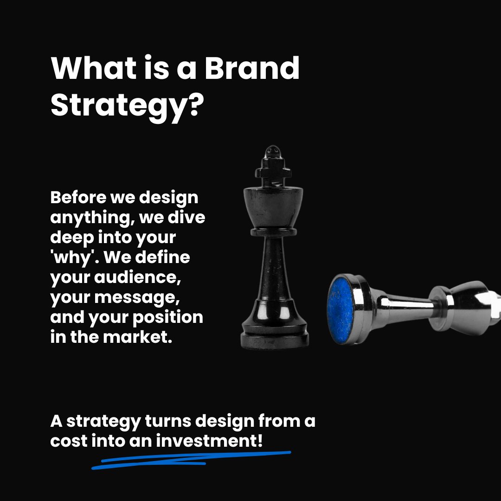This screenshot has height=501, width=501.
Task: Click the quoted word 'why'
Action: pyautogui.click(x=70, y=257)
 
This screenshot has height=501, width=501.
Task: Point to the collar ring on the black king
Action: pyautogui.click(x=273, y=230)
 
